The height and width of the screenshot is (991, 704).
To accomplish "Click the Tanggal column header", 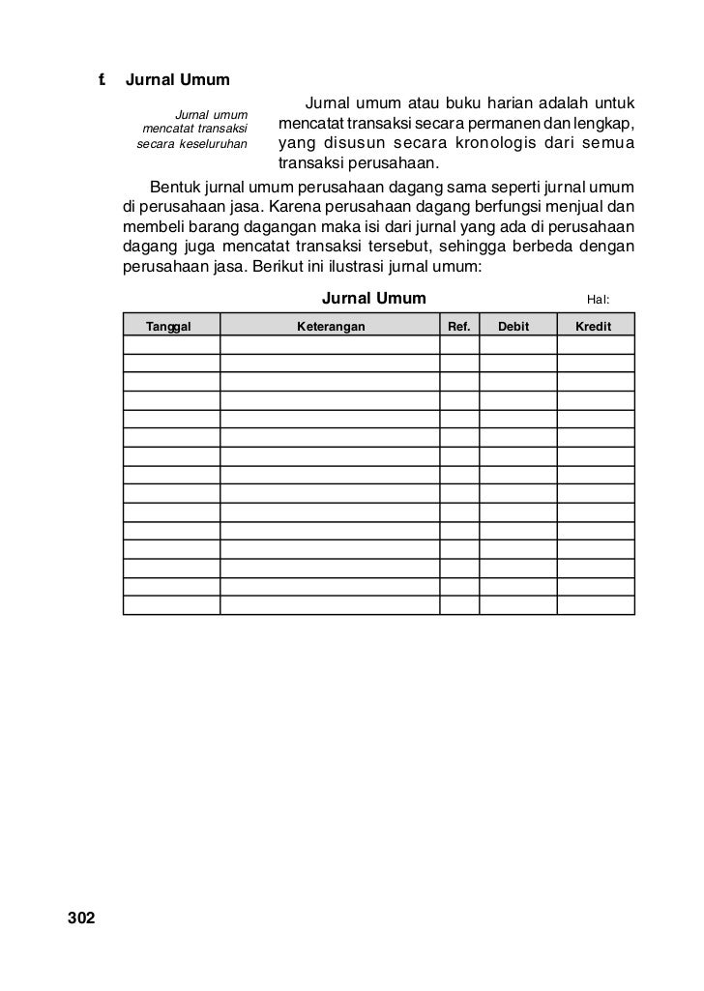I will tap(168, 327).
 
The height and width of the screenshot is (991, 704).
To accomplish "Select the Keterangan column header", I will tap(331, 327).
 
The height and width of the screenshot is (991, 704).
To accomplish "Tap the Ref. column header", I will tap(459, 327).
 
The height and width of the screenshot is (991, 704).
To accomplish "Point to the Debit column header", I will tap(513, 327).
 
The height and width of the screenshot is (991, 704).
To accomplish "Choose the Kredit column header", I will tap(593, 327).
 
